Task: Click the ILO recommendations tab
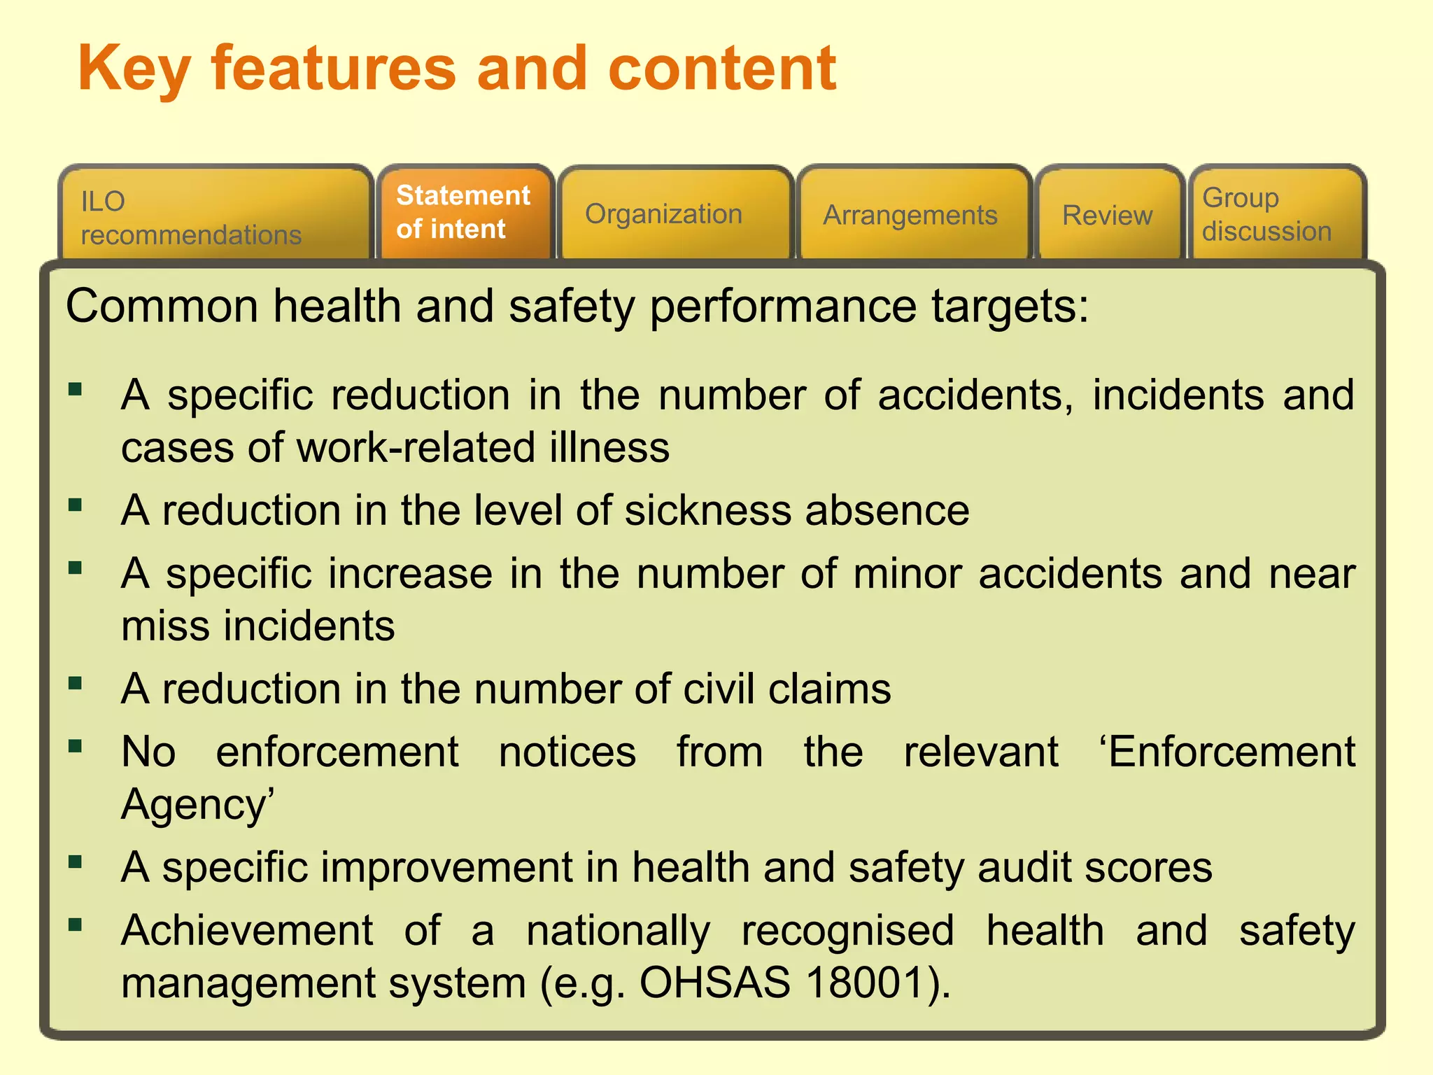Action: (216, 216)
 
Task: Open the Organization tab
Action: (676, 214)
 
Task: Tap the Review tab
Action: (1108, 215)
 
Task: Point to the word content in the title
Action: (722, 69)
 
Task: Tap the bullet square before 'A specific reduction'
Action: (76, 389)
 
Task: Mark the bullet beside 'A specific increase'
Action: (76, 568)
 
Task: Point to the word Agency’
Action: (198, 804)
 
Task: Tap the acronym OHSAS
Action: (715, 982)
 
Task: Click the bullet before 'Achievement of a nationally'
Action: (76, 925)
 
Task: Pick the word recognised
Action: (848, 930)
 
